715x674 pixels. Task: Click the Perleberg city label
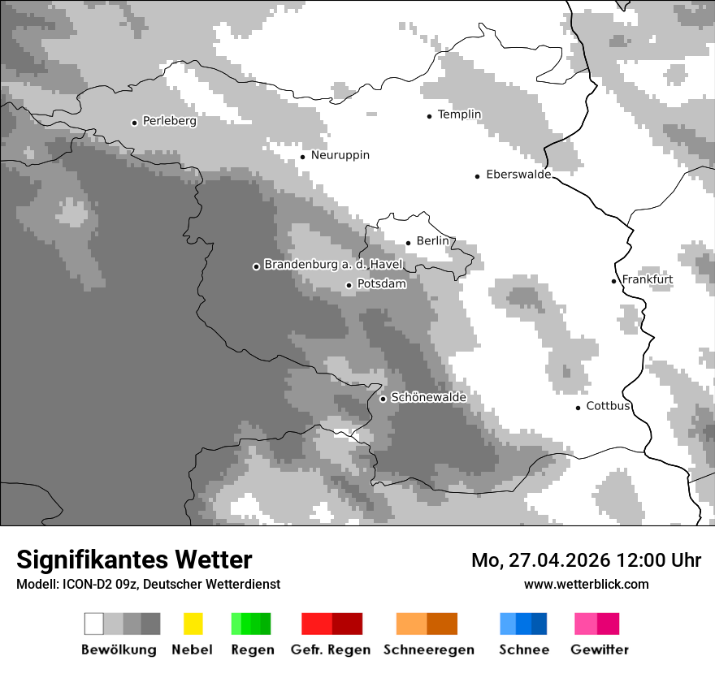pyautogui.click(x=169, y=121)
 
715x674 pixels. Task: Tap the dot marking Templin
pyautogui.click(x=429, y=116)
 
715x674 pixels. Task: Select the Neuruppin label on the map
pyautogui.click(x=340, y=155)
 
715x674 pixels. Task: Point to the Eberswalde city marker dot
pyautogui.click(x=477, y=176)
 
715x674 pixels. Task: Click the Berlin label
pyautogui.click(x=432, y=241)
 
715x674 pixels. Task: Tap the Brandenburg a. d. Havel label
pyautogui.click(x=333, y=266)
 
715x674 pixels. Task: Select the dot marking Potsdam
pyautogui.click(x=349, y=285)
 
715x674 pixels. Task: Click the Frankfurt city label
pyautogui.click(x=647, y=279)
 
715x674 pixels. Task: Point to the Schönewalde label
pyautogui.click(x=428, y=398)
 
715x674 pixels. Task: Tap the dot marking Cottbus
pyautogui.click(x=578, y=408)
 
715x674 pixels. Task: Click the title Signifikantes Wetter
pyautogui.click(x=134, y=560)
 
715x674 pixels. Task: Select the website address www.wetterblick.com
pyautogui.click(x=586, y=584)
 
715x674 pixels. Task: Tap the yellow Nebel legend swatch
pyautogui.click(x=193, y=624)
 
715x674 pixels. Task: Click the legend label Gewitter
pyautogui.click(x=599, y=650)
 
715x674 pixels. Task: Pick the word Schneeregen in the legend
pyautogui.click(x=428, y=650)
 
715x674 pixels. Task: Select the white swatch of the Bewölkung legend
pyautogui.click(x=93, y=624)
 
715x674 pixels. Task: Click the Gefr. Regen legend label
pyautogui.click(x=330, y=650)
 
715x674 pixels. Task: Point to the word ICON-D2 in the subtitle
pyautogui.click(x=84, y=584)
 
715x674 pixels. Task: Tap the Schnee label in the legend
pyautogui.click(x=523, y=650)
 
